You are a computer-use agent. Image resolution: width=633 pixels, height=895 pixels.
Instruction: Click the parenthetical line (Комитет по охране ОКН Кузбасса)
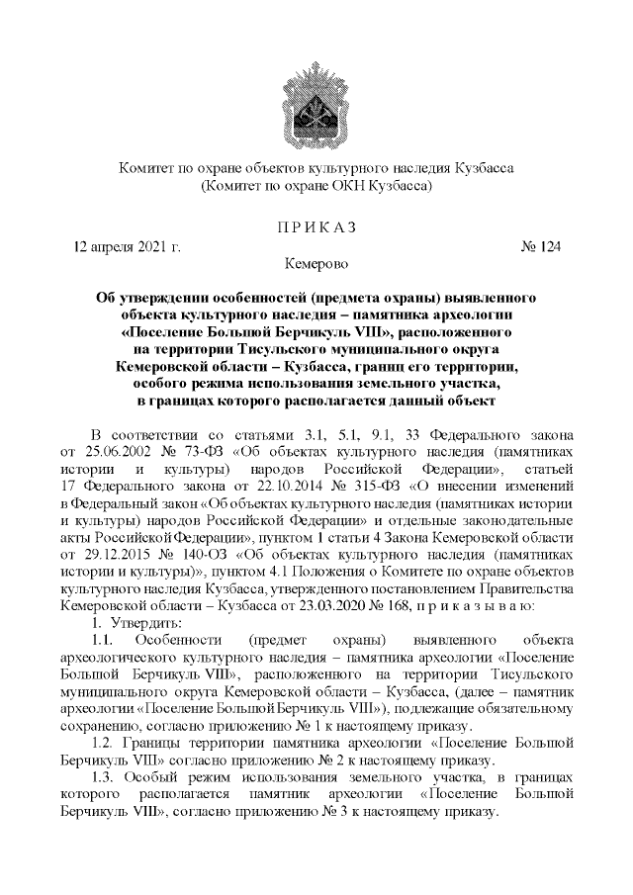(316, 185)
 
